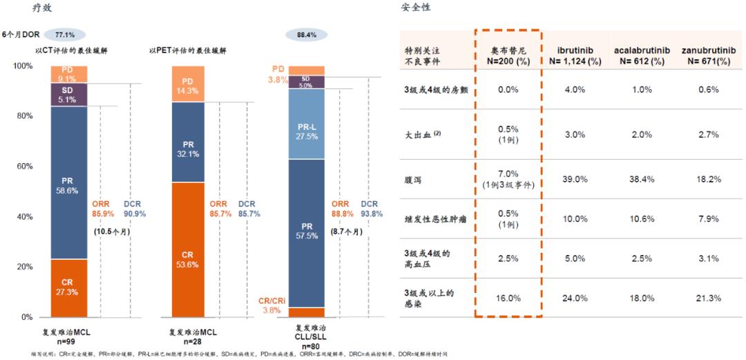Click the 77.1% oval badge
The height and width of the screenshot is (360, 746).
coord(64,34)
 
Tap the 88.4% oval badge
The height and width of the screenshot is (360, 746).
coord(307,34)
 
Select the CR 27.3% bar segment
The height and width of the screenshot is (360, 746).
coord(68,287)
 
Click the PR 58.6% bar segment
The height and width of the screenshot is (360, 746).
coord(68,182)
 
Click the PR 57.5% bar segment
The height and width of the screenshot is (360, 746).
coord(307,231)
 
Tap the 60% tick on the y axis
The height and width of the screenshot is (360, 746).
coord(23,167)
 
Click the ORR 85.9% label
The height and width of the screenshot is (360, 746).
coord(104,209)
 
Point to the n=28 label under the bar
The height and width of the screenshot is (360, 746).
coord(184,341)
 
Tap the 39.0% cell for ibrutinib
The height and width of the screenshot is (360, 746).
coord(575,179)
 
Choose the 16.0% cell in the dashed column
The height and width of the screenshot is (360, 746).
coord(508,298)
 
